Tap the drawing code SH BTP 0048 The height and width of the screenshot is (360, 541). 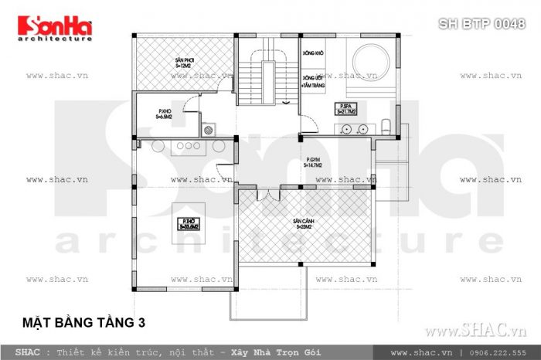[x=481, y=24]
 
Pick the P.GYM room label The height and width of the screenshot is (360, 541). [x=313, y=162]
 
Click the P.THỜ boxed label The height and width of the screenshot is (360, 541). [x=189, y=224]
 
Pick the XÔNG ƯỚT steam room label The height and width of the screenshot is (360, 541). [x=312, y=81]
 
